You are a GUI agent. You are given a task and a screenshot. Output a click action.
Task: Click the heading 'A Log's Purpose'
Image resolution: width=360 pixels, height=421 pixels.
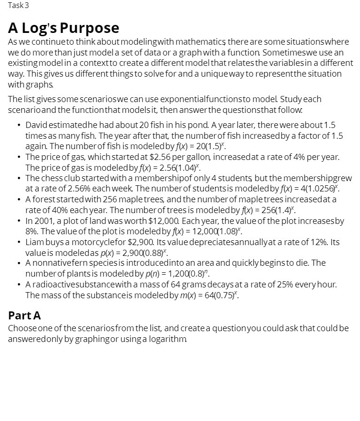tap(63, 28)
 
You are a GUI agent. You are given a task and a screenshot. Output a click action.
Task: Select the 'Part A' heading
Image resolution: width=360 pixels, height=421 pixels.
tap(24, 315)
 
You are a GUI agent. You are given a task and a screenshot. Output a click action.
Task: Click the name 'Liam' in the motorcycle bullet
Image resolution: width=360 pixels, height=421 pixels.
tap(34, 242)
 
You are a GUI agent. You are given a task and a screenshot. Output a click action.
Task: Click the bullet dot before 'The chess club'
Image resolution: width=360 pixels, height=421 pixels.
tap(18, 178)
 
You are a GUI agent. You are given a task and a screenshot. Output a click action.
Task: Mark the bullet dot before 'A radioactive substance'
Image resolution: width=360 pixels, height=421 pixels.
tap(18, 285)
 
